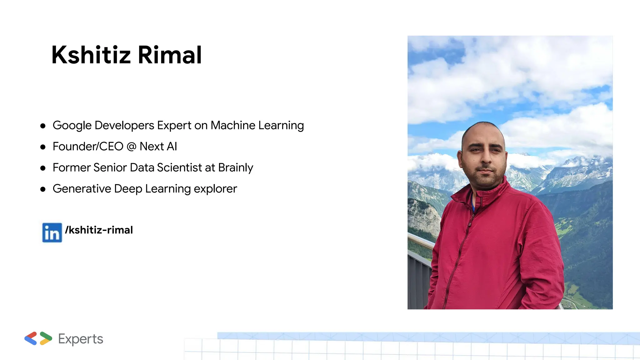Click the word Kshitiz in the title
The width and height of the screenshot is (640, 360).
[x=91, y=55]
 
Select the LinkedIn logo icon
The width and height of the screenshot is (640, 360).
[x=52, y=232]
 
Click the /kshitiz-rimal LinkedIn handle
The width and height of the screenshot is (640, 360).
[x=99, y=230]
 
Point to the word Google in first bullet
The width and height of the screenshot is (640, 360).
[x=72, y=125]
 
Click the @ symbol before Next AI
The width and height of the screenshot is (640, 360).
[x=132, y=147]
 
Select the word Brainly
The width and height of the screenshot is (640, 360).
[x=236, y=168]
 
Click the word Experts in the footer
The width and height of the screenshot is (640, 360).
[x=81, y=339]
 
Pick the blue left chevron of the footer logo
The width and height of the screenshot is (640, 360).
[x=31, y=338]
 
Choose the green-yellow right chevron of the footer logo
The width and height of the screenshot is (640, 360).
[x=46, y=338]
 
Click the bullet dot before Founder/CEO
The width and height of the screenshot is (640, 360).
[x=43, y=147]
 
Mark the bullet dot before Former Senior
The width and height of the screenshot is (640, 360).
[x=43, y=168]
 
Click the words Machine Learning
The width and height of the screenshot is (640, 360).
[x=257, y=125]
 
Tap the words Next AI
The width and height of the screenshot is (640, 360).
[x=158, y=147]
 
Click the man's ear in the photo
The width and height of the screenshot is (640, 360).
[x=460, y=158]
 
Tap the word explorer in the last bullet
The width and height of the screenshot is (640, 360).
[x=215, y=189]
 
